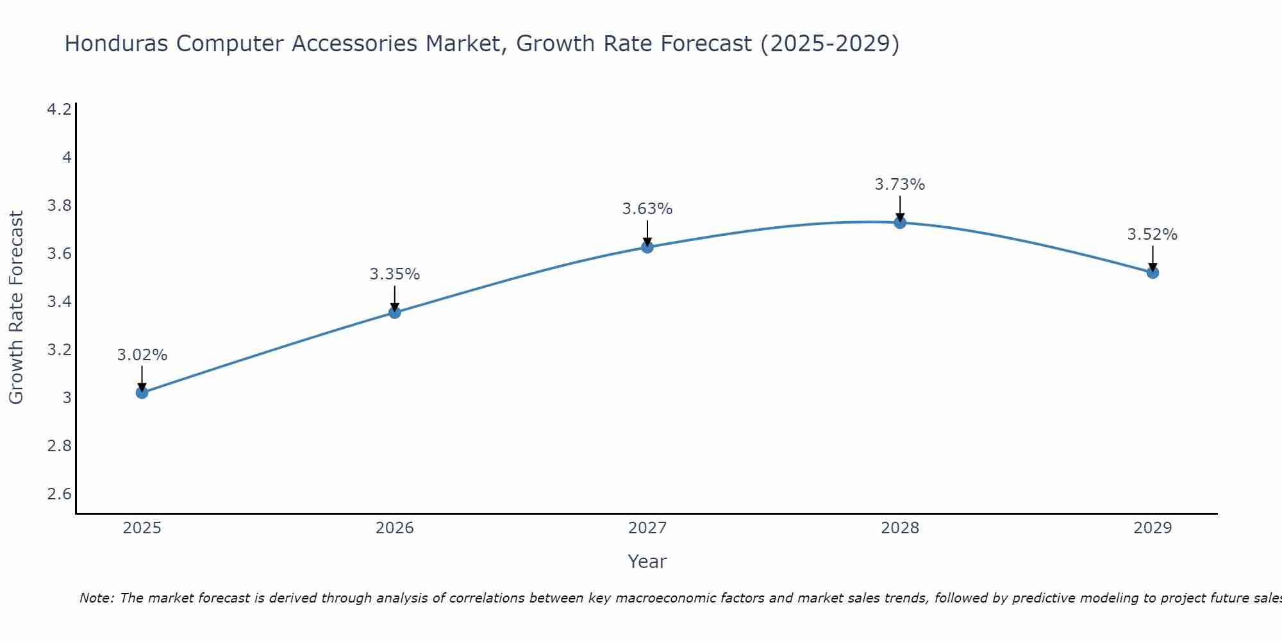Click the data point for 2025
tap(142, 392)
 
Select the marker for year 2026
tap(395, 312)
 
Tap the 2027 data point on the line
tap(647, 247)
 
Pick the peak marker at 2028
tap(900, 222)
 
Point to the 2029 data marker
tap(1153, 272)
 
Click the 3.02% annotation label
tap(142, 355)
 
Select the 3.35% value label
tap(395, 274)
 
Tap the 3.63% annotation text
tap(647, 209)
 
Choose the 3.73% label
tap(900, 185)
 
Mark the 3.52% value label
tap(1153, 235)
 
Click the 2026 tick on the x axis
tap(395, 528)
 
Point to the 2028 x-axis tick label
tap(900, 528)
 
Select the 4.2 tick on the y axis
tap(60, 110)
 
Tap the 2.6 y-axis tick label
tap(60, 494)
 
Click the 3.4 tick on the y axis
tap(60, 302)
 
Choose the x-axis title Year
tap(647, 562)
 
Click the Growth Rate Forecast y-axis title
tap(16, 307)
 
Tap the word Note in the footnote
tap(96, 598)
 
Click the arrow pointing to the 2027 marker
tap(647, 233)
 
